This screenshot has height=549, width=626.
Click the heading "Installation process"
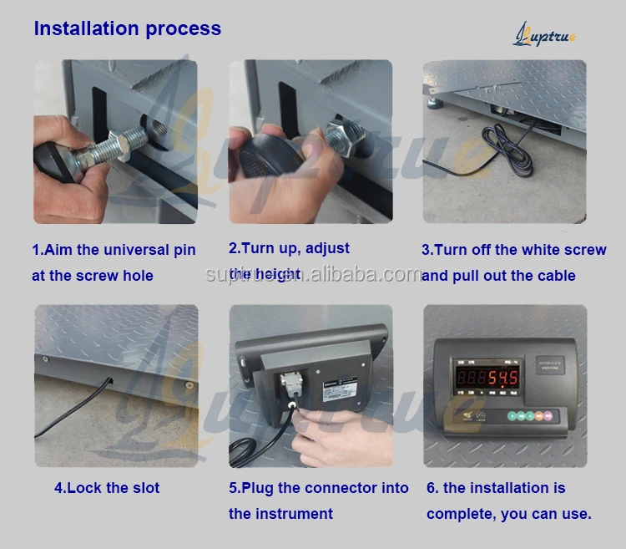pyautogui.click(x=127, y=28)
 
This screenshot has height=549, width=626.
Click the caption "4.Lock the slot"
pyautogui.click(x=107, y=488)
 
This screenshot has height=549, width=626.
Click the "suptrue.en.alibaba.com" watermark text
pyautogui.click(x=313, y=273)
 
